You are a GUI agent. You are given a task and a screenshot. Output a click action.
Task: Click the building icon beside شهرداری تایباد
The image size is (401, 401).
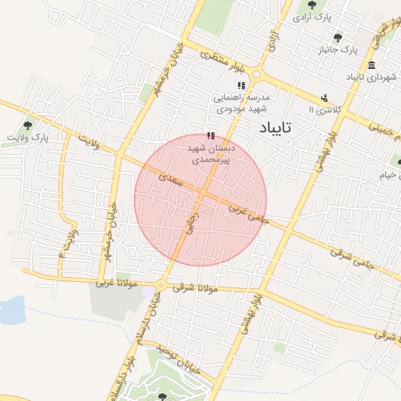(x=370, y=65)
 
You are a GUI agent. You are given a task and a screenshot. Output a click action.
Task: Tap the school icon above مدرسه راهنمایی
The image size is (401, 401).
(x=241, y=85)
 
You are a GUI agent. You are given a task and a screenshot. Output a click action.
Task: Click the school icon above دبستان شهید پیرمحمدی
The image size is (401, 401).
(x=209, y=135)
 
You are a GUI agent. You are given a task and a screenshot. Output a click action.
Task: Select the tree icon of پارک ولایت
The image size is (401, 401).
(x=29, y=125)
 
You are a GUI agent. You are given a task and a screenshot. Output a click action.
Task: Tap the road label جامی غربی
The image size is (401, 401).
(x=249, y=215)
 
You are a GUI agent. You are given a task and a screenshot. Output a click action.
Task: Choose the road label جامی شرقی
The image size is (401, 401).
(x=349, y=256)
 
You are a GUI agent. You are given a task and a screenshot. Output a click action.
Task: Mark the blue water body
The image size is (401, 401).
(x=11, y=310)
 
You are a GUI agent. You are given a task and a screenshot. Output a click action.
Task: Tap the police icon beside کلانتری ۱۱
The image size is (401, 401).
(x=323, y=98)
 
